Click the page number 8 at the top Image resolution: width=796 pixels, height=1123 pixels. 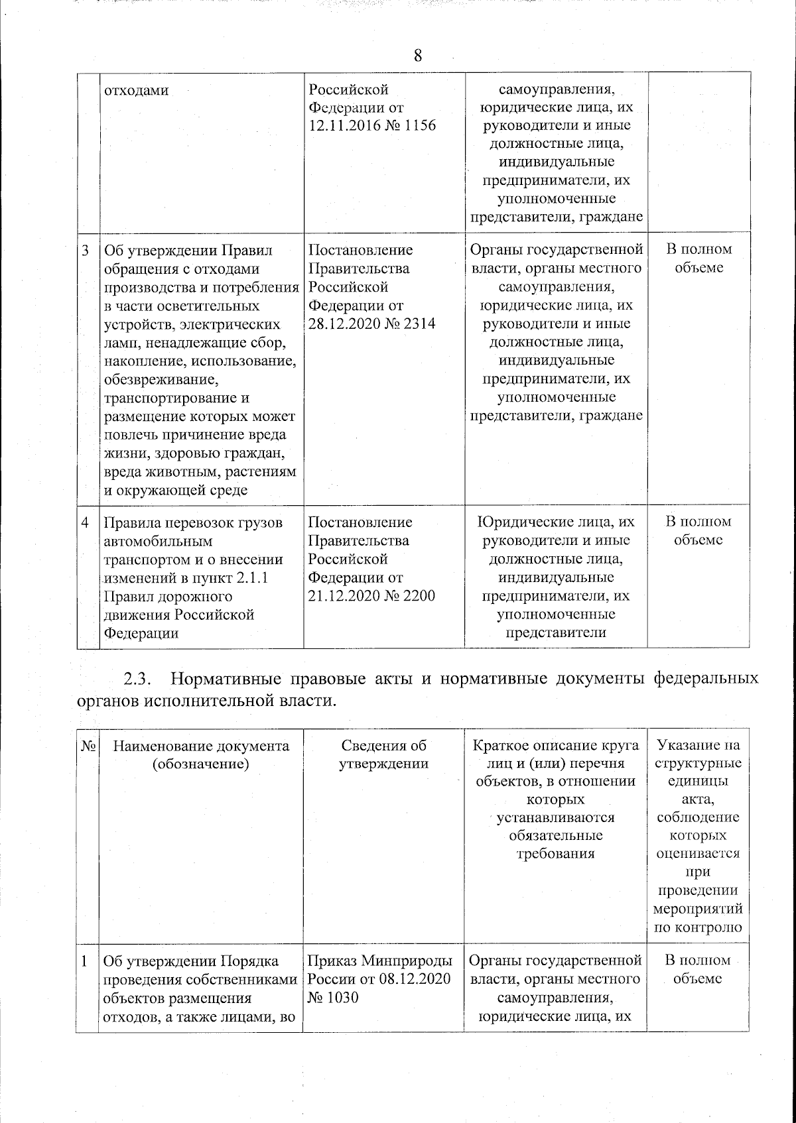(417, 56)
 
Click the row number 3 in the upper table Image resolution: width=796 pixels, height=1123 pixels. (86, 251)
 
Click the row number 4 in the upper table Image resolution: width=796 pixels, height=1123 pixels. (86, 522)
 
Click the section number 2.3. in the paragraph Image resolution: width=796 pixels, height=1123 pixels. (139, 680)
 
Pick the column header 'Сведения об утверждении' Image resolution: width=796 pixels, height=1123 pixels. (383, 754)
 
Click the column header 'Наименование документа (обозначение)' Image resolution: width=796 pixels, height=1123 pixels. (201, 755)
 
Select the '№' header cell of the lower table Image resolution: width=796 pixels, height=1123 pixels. (87, 746)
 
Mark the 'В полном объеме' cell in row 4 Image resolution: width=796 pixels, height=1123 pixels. (698, 530)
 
